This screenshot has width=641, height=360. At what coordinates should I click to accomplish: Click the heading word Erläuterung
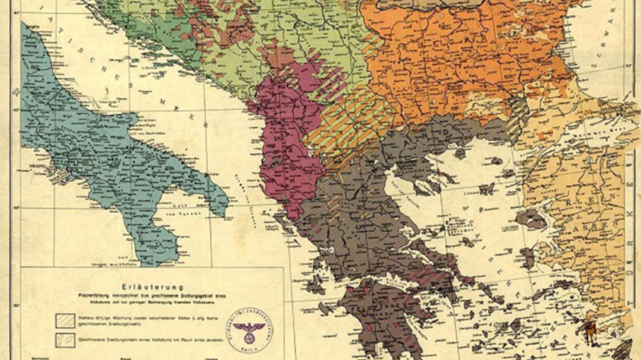(x=153, y=286)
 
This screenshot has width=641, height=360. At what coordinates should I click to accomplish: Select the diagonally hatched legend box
(x=65, y=320)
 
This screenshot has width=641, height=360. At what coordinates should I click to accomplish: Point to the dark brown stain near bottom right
(x=591, y=330)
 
